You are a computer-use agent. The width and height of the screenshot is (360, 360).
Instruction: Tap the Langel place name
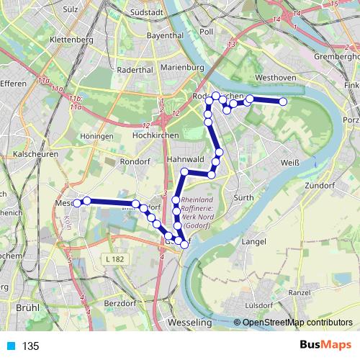(x=256, y=241)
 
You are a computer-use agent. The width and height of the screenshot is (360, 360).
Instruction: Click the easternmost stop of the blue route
(x=283, y=102)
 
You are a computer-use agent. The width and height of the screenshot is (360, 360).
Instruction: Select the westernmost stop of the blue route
(x=77, y=203)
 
